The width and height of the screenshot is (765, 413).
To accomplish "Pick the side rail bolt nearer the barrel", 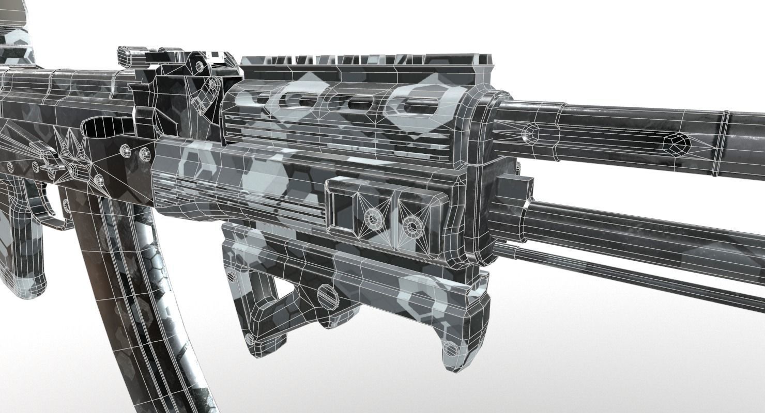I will coord(412,226).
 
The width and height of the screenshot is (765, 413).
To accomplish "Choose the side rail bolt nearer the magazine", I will coord(372,219).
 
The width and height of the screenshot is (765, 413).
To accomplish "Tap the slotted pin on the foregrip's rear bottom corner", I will coord(250,339).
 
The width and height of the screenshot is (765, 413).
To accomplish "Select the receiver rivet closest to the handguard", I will coord(144,153).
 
